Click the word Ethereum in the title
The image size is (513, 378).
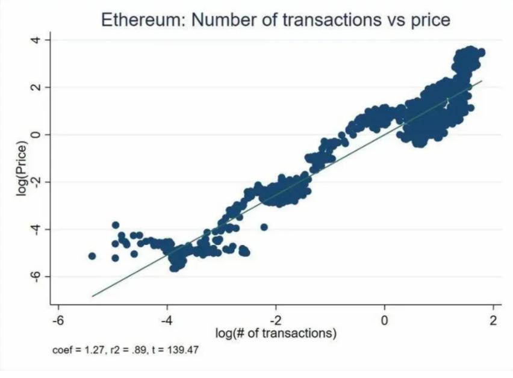pos(141,19)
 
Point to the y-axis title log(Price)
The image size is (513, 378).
pos(23,169)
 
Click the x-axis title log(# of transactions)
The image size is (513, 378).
pos(276,332)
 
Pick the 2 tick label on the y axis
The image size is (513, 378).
pos(36,87)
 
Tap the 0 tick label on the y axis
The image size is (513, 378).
pos(36,135)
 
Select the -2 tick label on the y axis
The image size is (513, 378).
pos(36,182)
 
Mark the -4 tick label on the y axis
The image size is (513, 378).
pos(36,229)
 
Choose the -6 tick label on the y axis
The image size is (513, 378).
pos(36,276)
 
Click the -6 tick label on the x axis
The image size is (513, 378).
pos(57,318)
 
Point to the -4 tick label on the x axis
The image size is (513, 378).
pos(166,318)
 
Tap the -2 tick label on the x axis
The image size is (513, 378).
pos(275,318)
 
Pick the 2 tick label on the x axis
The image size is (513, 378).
pos(494,318)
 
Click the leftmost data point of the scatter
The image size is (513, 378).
pos(92,256)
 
